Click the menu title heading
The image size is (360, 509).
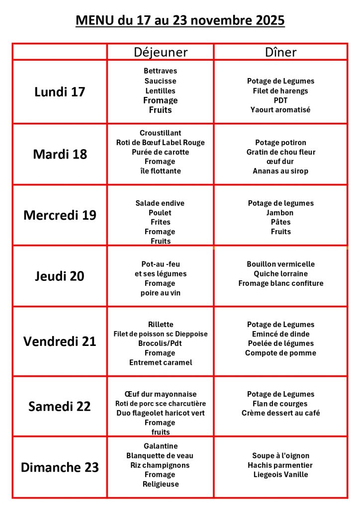180,20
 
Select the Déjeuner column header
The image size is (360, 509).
161,52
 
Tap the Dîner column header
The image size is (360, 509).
280,52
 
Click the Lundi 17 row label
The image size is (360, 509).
60,92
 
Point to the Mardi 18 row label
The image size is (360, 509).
60,154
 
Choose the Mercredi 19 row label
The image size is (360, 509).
60,215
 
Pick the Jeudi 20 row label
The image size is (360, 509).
60,276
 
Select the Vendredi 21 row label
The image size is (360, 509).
60,341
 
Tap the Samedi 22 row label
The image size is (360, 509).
60,406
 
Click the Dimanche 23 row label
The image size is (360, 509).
60,467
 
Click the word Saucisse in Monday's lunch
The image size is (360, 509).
160,81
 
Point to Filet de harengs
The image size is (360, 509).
280,90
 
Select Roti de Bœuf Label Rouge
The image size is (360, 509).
160,143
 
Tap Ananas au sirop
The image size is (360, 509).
280,171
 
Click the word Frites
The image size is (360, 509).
160,222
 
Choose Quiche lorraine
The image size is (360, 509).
280,274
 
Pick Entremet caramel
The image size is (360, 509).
160,362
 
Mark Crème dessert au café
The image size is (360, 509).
280,413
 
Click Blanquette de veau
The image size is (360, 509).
160,456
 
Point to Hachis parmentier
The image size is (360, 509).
280,465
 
